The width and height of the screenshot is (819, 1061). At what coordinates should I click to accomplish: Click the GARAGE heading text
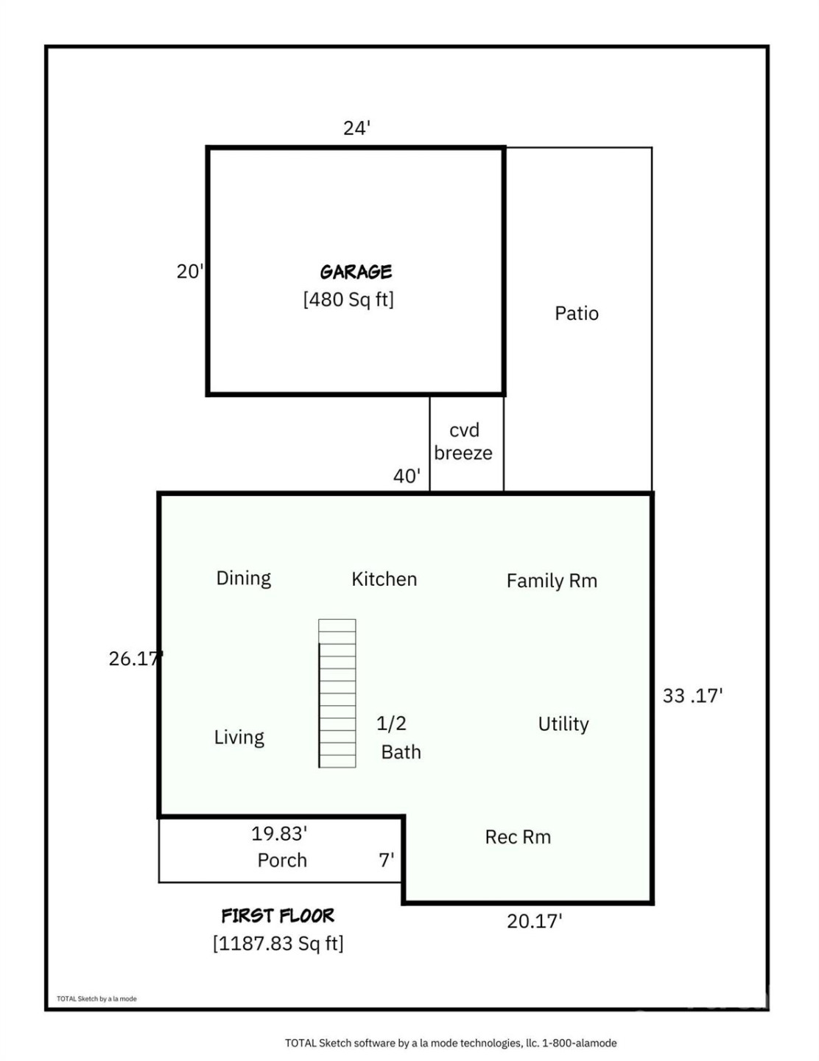(356, 272)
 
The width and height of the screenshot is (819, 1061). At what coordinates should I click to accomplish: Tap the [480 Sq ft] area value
(348, 299)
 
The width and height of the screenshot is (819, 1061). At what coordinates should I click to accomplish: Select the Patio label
(576, 313)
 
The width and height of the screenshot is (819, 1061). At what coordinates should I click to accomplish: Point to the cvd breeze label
(463, 441)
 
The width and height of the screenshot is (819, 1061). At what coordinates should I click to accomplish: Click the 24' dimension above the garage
(356, 128)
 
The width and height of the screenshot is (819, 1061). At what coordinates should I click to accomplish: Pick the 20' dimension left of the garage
(189, 271)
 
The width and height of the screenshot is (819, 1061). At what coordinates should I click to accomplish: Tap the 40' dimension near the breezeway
(407, 476)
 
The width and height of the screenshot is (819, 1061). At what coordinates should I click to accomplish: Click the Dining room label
(243, 578)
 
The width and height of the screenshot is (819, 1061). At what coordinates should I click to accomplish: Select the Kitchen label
(384, 579)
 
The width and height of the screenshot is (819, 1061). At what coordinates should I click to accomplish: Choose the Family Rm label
(552, 581)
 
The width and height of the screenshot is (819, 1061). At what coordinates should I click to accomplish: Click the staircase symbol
(337, 693)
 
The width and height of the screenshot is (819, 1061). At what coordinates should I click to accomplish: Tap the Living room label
(239, 738)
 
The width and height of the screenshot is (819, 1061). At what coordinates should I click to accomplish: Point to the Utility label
(563, 724)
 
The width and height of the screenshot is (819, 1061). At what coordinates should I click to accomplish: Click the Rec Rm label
(518, 837)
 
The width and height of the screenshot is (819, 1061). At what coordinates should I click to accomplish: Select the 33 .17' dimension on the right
(692, 696)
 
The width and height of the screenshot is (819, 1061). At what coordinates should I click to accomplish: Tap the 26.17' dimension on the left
(136, 658)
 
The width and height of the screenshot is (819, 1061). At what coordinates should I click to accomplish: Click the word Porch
(282, 860)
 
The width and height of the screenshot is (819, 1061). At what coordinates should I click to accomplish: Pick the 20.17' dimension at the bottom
(535, 921)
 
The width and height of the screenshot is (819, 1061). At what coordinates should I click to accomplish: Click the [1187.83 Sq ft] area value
(278, 943)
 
